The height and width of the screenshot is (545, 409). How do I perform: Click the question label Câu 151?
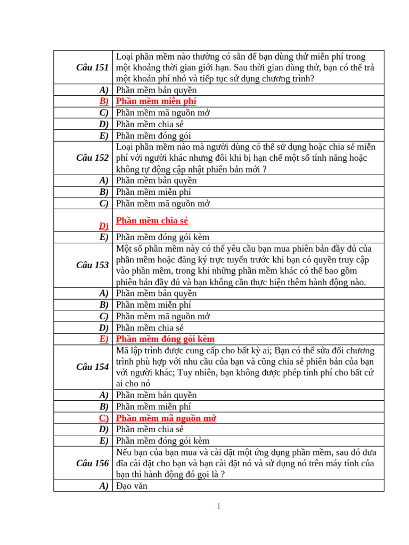[93, 67]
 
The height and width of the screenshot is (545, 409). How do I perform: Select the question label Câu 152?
[93, 158]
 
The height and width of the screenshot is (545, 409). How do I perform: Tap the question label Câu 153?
[93, 265]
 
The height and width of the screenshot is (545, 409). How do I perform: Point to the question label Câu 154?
[93, 367]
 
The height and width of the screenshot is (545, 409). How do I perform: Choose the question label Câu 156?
[93, 463]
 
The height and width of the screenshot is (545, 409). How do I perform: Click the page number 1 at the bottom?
[218, 506]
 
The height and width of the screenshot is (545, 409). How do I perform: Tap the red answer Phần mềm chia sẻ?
[152, 220]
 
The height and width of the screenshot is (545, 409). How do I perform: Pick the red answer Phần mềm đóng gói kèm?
[165, 339]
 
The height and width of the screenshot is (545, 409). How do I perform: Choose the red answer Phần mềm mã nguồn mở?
[166, 418]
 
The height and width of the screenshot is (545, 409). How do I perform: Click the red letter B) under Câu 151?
[103, 101]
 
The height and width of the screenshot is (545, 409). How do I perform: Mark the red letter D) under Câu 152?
[103, 226]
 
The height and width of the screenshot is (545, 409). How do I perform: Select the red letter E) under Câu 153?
[103, 339]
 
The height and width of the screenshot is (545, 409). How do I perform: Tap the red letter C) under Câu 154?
[103, 418]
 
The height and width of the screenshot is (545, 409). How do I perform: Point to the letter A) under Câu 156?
[104, 485]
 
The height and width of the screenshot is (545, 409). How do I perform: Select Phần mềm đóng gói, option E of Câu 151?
[153, 135]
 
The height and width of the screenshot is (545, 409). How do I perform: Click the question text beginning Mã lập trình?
[245, 367]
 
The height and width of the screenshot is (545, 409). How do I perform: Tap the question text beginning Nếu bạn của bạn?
[245, 463]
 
